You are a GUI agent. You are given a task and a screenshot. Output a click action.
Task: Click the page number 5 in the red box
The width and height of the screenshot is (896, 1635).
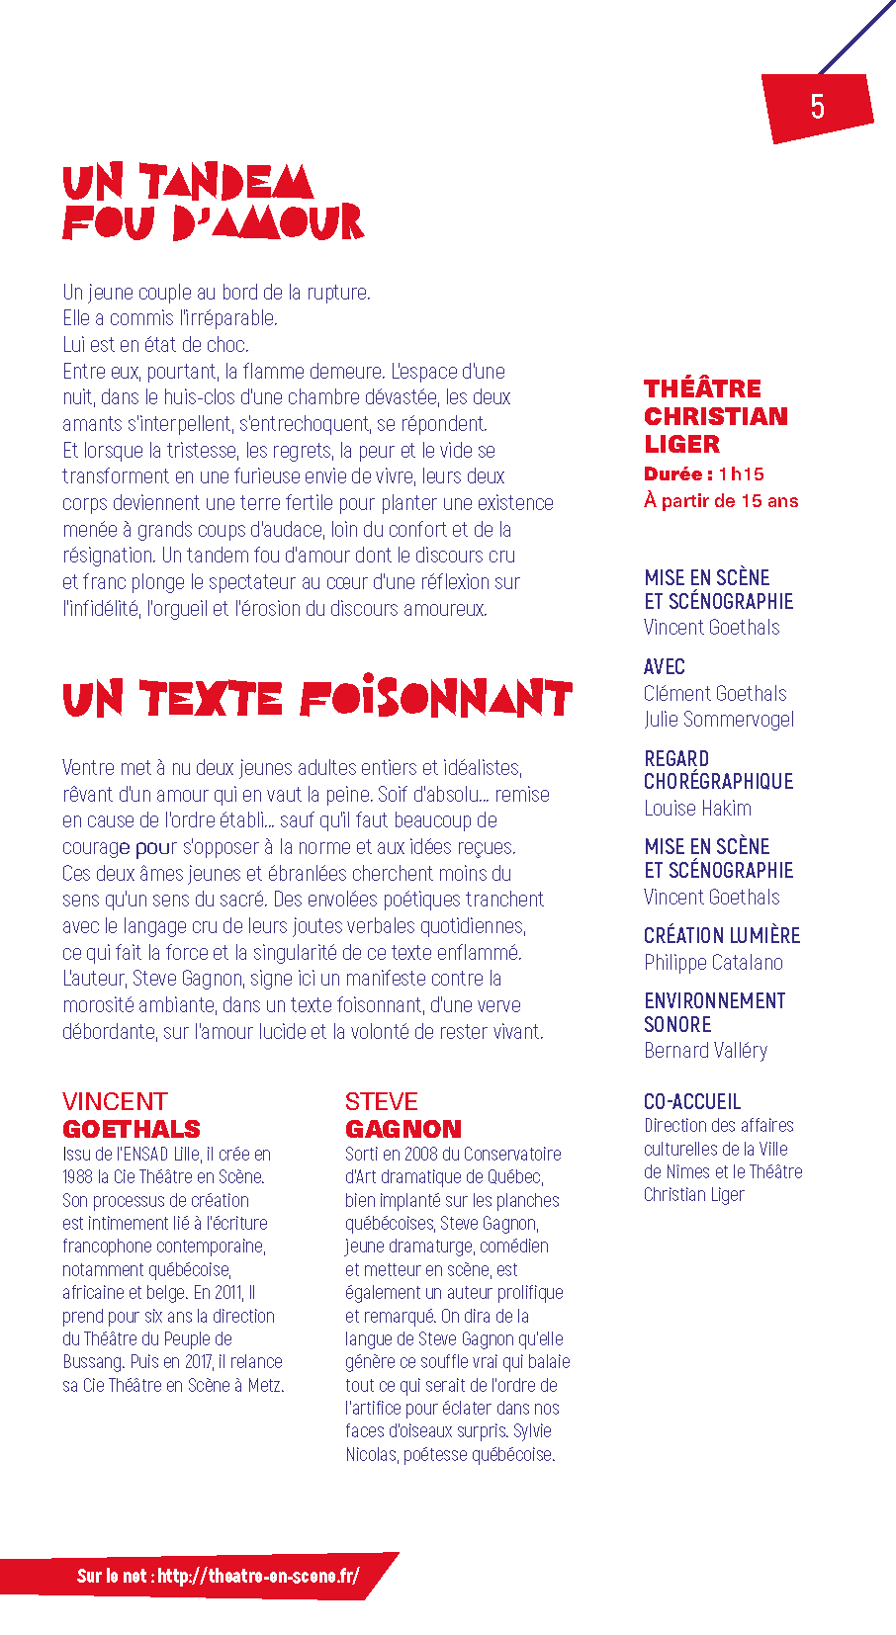coord(817,107)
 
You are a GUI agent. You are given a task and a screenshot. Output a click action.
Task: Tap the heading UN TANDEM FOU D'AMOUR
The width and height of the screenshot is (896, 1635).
coord(212,203)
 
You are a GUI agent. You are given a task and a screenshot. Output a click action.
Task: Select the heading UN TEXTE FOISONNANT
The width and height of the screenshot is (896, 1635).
coord(316,699)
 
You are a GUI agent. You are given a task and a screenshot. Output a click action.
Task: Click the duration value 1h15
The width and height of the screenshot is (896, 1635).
coord(742,474)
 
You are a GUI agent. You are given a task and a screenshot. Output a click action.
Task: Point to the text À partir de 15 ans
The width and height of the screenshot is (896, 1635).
coord(721,501)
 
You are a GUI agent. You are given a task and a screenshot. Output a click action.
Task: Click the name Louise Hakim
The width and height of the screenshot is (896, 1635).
coord(697,809)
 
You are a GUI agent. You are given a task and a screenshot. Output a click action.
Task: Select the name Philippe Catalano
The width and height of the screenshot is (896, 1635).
coord(713,963)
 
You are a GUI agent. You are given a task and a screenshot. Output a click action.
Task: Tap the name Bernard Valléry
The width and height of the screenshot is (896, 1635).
coord(705,1051)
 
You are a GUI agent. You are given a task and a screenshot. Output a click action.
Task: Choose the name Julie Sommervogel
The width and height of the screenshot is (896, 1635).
coord(719,720)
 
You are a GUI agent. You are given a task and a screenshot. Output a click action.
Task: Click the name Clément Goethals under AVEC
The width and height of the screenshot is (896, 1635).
coord(715,694)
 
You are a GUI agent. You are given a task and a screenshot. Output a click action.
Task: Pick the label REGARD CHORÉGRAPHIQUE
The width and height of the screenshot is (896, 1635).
coord(719,770)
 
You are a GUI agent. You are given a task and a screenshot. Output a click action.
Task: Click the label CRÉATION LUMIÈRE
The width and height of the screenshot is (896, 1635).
coord(722,936)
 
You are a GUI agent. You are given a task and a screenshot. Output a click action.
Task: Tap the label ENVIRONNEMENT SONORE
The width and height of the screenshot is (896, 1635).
coord(714,1012)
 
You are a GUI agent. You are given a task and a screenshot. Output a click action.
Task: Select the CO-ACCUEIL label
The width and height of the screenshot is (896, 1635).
coord(692,1102)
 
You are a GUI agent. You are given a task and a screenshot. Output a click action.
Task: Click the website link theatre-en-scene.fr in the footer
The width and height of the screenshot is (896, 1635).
coord(258,1576)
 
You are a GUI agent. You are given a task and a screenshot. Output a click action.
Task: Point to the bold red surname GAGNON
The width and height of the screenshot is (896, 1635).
coord(403,1129)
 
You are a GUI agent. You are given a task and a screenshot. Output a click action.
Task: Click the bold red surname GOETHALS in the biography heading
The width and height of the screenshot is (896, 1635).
coord(132,1129)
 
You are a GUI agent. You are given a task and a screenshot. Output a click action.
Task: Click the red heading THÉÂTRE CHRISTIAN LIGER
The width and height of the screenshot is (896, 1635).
coord(716,416)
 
